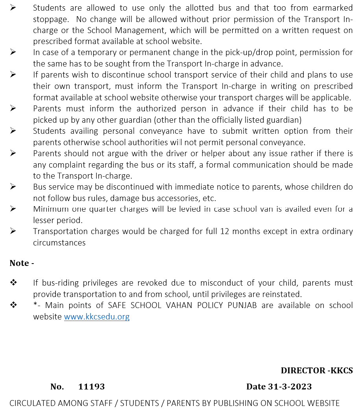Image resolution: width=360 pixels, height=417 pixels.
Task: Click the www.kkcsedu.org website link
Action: [x=97, y=317]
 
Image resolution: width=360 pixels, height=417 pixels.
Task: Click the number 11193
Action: [x=91, y=387]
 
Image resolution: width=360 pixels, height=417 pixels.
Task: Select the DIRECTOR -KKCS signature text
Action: [x=317, y=371]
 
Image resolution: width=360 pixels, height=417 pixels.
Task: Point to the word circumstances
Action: [x=59, y=243]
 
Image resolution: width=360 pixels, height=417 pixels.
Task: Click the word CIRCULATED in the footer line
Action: [x=32, y=403]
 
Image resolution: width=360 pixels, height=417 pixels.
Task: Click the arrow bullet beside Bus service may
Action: [x=13, y=187]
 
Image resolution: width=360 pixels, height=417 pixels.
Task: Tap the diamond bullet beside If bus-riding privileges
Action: [x=13, y=283]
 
